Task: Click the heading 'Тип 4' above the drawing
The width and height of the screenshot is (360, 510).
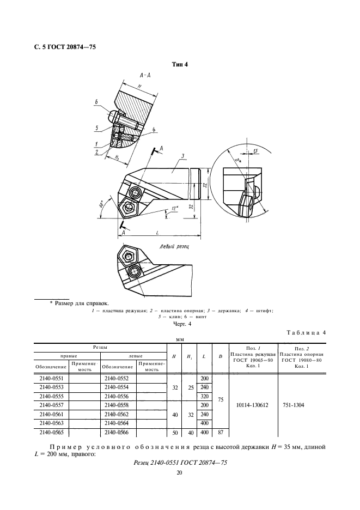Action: click(x=180, y=64)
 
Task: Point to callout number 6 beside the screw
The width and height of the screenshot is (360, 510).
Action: click(x=96, y=102)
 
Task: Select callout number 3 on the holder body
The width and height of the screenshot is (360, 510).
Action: click(x=183, y=156)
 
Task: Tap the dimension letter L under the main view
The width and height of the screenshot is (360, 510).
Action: click(x=157, y=233)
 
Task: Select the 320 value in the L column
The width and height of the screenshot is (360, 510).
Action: click(x=205, y=396)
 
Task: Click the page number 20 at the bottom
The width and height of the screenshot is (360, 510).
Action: click(x=180, y=473)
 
